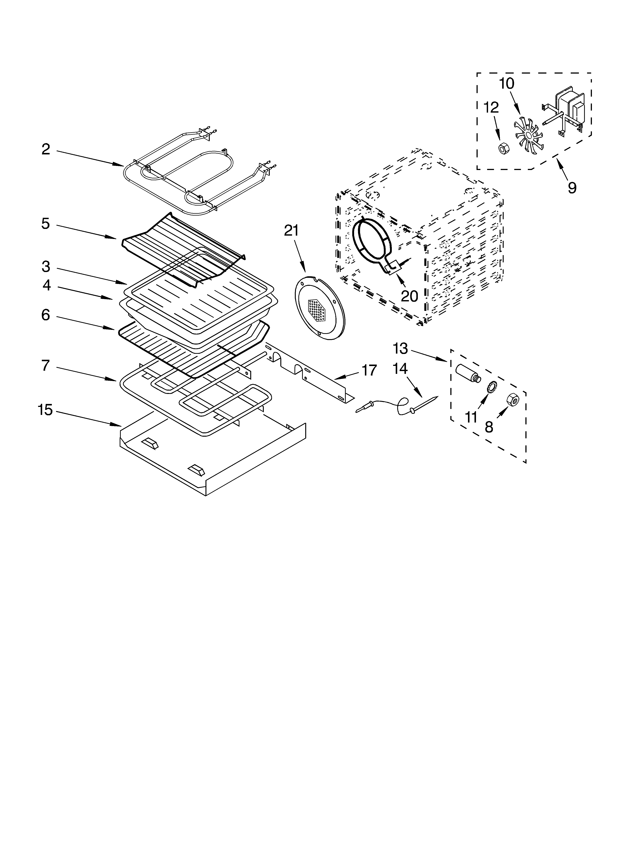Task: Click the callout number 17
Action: (369, 370)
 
